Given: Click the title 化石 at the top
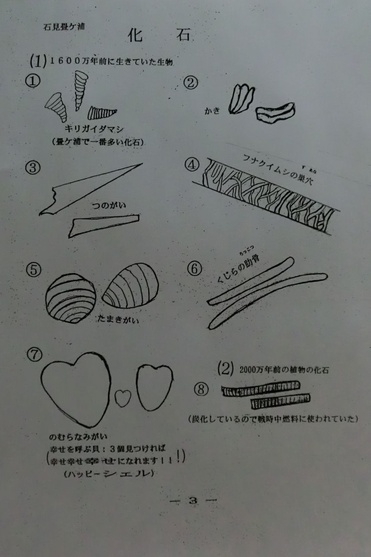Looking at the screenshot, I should (x=159, y=35).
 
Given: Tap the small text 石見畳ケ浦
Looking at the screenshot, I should (x=64, y=27).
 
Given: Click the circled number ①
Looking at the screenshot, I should (x=33, y=81).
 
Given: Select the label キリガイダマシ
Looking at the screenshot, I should (x=94, y=129).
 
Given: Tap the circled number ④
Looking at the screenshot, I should (x=192, y=166).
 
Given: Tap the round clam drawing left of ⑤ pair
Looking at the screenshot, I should (x=70, y=298).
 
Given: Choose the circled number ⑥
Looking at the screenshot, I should (x=195, y=269).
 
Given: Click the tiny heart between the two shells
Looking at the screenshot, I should (x=123, y=397).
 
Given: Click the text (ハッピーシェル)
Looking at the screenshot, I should (x=109, y=474).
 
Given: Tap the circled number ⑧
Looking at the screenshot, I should (x=201, y=389).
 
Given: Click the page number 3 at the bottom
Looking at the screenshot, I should (x=193, y=501).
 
